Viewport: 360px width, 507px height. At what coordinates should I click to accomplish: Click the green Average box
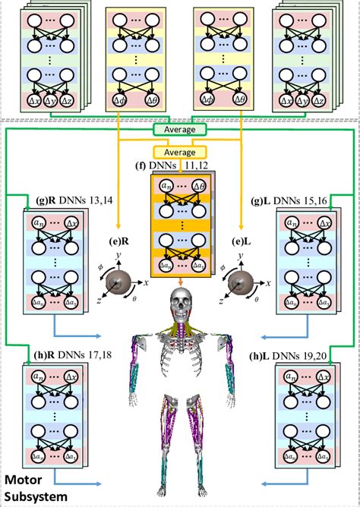pyautogui.click(x=180, y=129)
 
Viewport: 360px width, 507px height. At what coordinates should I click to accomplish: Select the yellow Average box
pyautogui.click(x=180, y=151)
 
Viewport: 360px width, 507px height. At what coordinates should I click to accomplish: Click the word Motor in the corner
pyautogui.click(x=26, y=480)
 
